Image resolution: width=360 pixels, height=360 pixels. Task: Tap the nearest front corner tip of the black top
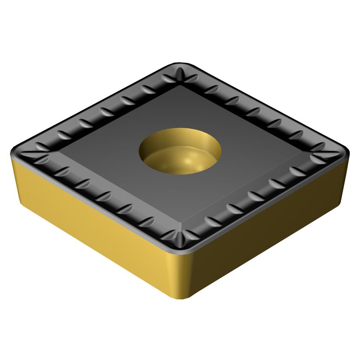click(180, 249)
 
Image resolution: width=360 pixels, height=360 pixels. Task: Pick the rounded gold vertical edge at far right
click(348, 169)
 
